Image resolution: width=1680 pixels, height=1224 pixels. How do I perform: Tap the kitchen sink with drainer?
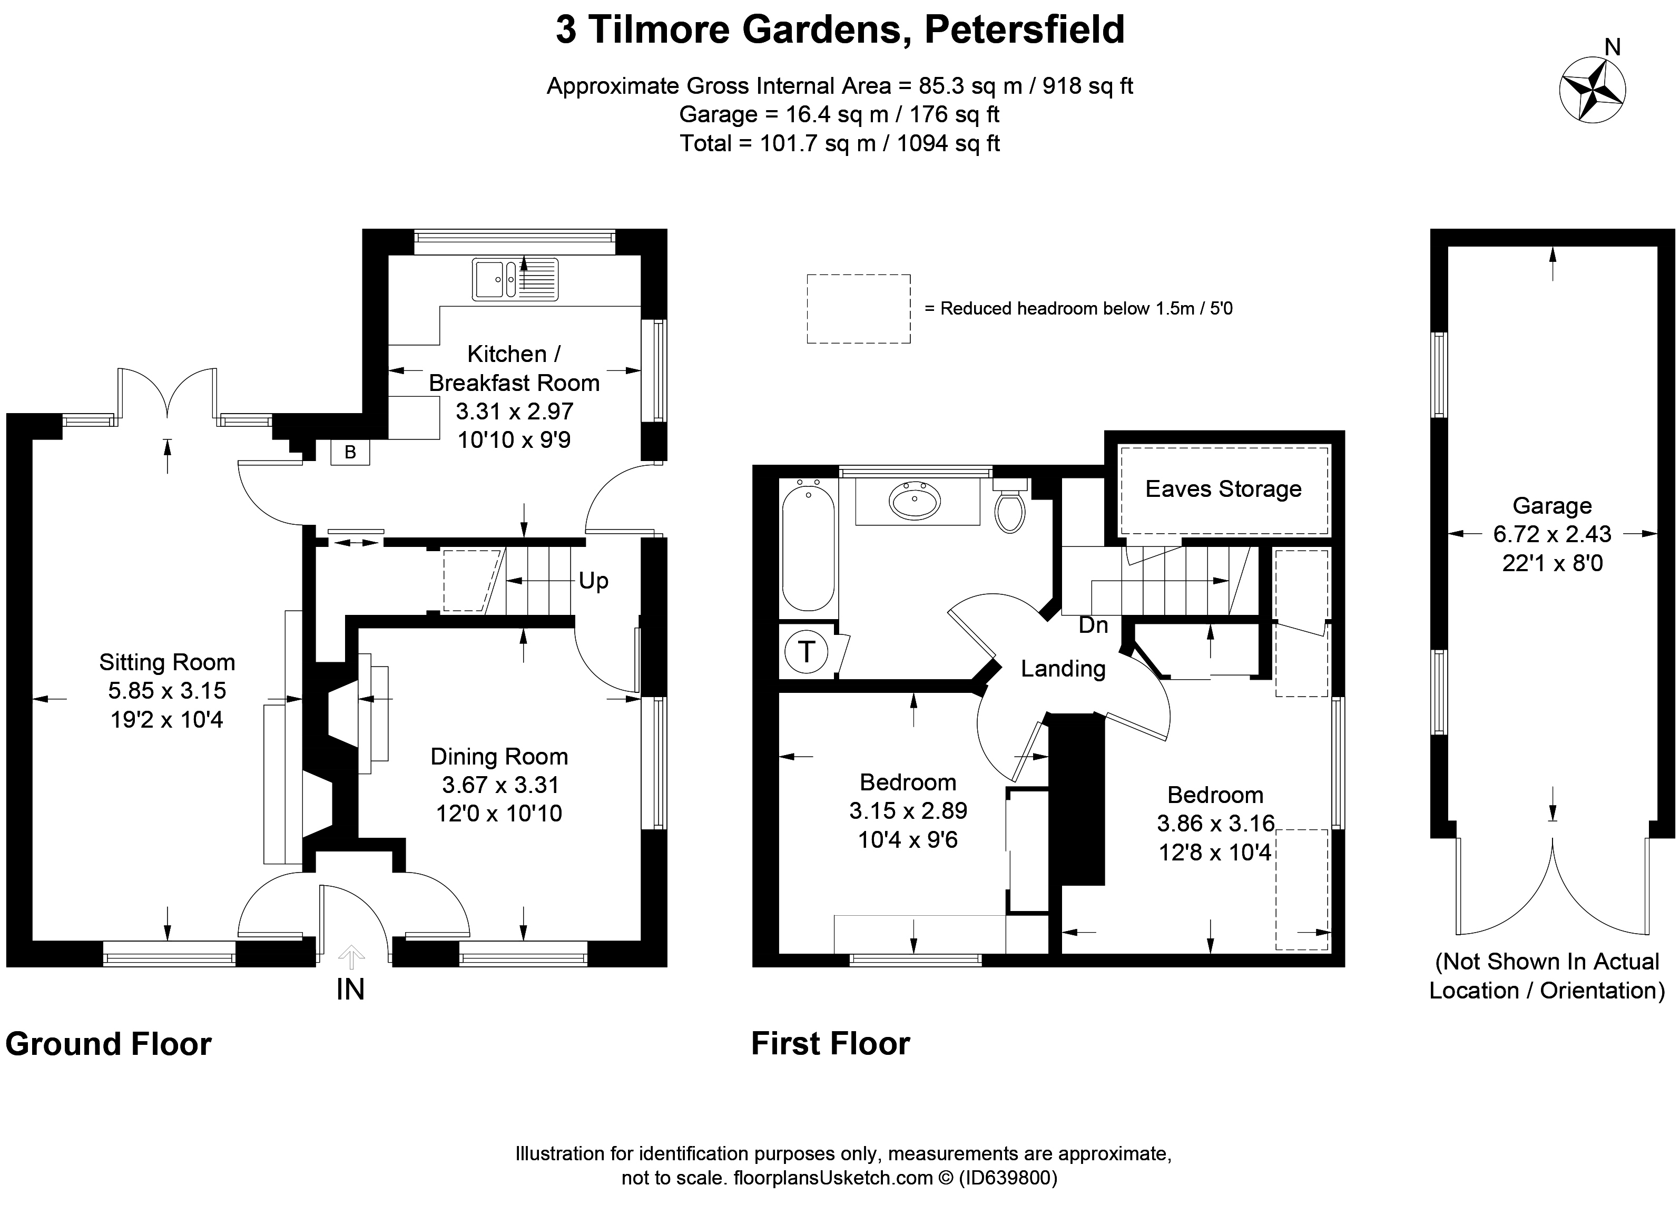click(515, 279)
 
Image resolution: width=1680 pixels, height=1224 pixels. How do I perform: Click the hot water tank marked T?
click(806, 652)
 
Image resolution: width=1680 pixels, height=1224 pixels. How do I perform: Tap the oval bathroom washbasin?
click(916, 500)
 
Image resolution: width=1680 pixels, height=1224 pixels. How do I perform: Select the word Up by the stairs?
click(593, 581)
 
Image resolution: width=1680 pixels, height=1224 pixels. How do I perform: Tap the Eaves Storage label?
click(1223, 489)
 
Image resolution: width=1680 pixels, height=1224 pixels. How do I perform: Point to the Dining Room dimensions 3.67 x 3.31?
click(500, 785)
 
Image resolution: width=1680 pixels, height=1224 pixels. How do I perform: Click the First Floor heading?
click(830, 1044)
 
